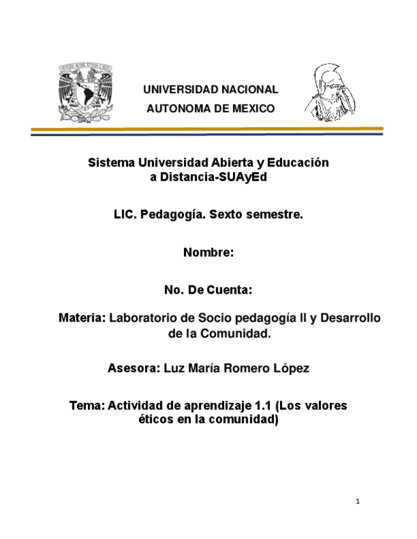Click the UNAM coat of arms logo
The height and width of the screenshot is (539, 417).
pos(85,92)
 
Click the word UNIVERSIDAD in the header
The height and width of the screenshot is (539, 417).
pos(174,90)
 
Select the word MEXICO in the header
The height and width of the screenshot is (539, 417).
pos(253,109)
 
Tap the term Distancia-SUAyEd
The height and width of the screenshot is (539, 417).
pos(213,177)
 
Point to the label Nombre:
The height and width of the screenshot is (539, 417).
pos(209,252)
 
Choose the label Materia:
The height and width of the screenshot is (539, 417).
pos(81,317)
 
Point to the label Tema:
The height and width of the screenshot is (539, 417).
pos(90,406)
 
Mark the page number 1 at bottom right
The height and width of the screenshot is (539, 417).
pos(358,503)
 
